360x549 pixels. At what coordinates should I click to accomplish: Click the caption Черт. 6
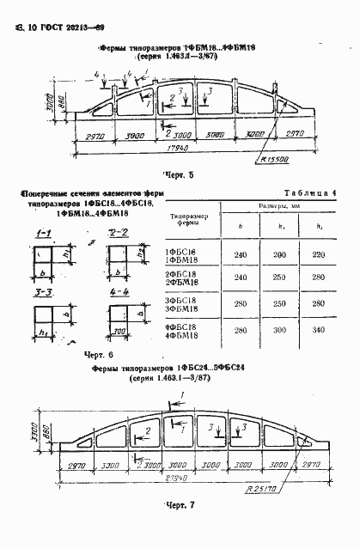point(99,354)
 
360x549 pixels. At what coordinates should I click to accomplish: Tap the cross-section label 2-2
point(119,233)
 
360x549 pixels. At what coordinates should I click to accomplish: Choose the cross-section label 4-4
point(119,292)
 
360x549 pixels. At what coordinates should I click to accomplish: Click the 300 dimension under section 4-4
point(119,327)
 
